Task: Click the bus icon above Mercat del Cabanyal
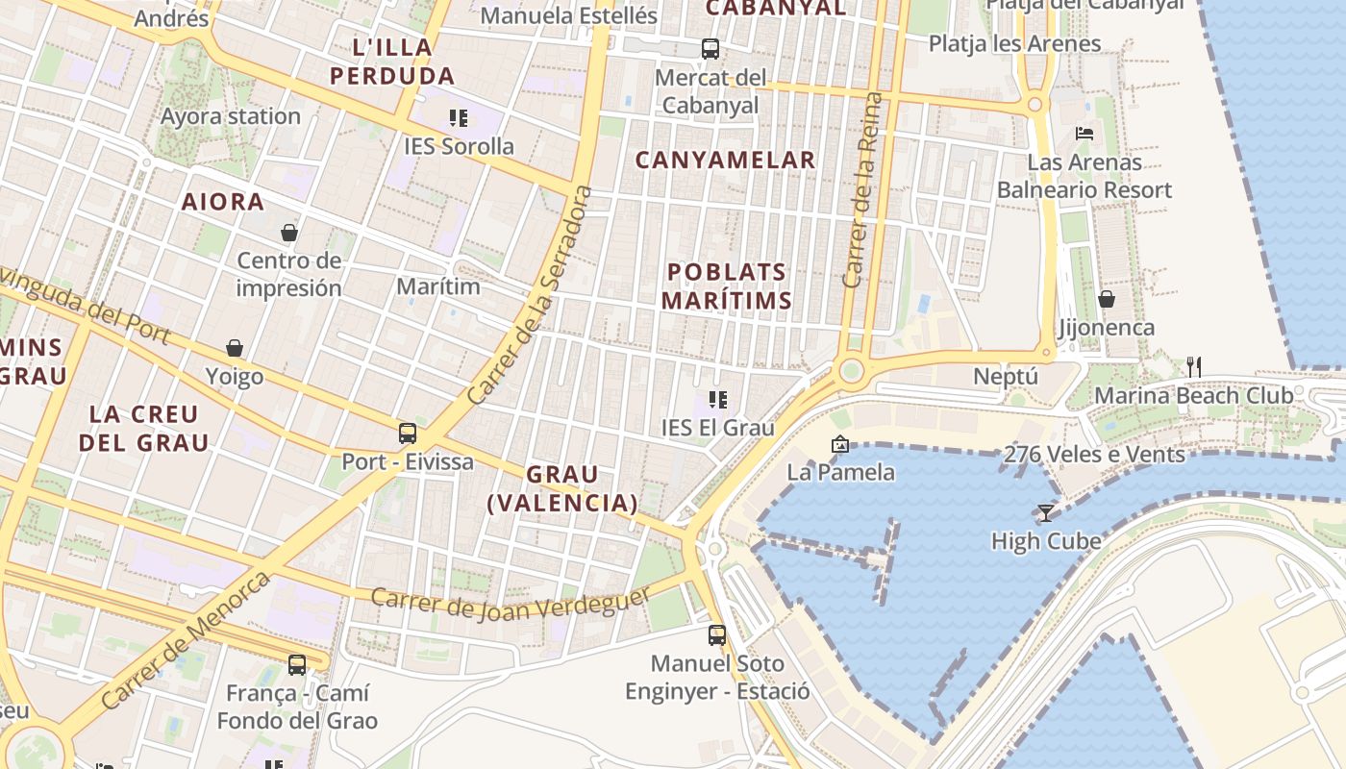pos(710,48)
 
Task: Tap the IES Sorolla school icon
pos(458,118)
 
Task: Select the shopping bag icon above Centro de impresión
pos(288,233)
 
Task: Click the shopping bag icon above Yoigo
pos(235,348)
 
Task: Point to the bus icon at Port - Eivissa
pos(408,433)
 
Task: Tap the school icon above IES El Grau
pos(717,399)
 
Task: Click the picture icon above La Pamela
pos(840,444)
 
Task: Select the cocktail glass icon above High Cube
pos(1046,513)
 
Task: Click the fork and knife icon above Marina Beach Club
pos(1193,366)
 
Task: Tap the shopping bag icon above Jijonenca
pos(1107,299)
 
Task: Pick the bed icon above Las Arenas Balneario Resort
pos(1084,134)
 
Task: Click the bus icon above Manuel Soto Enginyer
pos(717,634)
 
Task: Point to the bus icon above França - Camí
pos(297,664)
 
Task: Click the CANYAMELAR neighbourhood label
pos(725,160)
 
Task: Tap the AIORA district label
pos(223,202)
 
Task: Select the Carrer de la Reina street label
pos(862,190)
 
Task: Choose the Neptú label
pos(1006,376)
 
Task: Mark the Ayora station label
pos(231,116)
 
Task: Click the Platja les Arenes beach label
pos(1014,43)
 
